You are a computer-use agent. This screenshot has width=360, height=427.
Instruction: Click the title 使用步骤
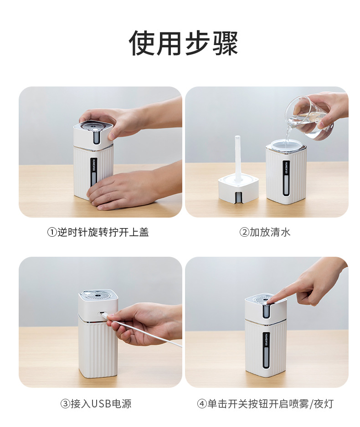click(x=183, y=43)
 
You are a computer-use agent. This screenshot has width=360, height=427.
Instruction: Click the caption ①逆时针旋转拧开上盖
click(x=98, y=232)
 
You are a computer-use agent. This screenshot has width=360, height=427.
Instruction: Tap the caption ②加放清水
click(x=265, y=232)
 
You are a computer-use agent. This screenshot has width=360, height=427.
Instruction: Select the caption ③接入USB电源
click(x=96, y=404)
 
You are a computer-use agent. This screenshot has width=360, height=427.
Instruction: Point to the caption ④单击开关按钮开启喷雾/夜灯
click(x=265, y=404)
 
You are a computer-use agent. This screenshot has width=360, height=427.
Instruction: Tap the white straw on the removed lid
click(x=237, y=156)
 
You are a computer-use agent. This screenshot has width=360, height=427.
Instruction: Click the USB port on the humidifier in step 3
click(x=101, y=313)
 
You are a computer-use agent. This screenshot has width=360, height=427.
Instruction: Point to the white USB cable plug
click(x=107, y=317)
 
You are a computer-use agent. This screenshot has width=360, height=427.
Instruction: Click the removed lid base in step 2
click(x=238, y=188)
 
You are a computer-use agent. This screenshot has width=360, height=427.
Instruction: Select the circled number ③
click(x=66, y=404)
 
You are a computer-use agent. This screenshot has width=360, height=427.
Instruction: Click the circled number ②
click(x=244, y=233)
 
